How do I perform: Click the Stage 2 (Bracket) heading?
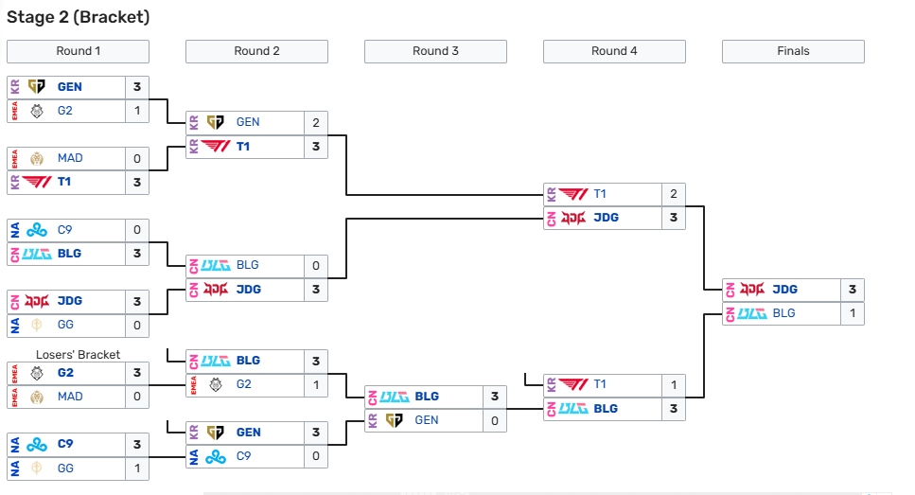[79, 17]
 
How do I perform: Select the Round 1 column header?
[78, 51]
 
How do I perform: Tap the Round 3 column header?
[435, 51]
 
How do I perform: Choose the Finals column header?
[793, 51]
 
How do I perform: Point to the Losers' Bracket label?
[78, 355]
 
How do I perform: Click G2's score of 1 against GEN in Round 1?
[137, 111]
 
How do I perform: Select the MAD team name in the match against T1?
[70, 158]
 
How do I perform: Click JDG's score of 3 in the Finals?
[852, 290]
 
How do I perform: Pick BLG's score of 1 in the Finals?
[852, 313]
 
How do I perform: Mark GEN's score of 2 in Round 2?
[316, 122]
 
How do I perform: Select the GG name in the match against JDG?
[66, 326]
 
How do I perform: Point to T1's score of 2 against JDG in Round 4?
[674, 194]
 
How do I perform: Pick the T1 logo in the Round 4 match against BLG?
[572, 384]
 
